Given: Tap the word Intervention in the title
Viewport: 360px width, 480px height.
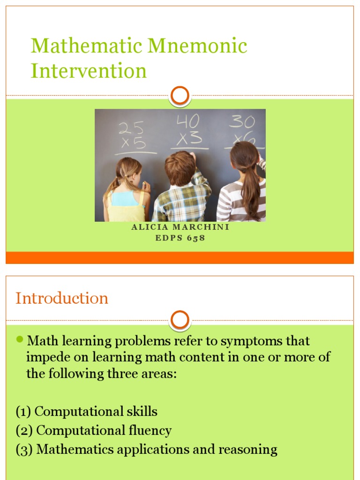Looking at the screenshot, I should point(89,71).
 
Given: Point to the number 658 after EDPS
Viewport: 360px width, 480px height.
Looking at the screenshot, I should point(196,238).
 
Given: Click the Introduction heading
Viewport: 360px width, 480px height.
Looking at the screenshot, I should point(62,298).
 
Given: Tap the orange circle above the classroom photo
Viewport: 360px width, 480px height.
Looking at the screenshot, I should point(180,96).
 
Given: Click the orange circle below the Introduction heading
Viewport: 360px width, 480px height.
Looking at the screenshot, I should point(180,320).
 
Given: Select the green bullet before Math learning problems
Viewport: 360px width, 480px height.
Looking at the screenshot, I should point(20,339).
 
